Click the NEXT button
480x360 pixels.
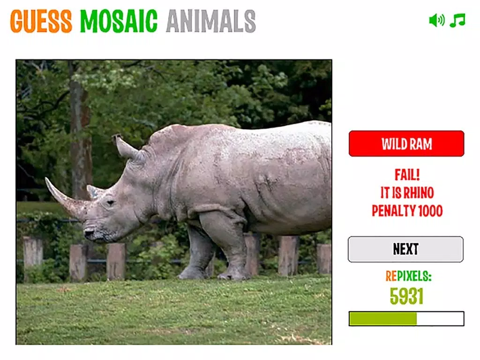pos(405,249)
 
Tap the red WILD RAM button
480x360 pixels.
pos(406,143)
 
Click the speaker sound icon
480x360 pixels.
pos(437,21)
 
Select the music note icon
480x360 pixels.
pos(457,20)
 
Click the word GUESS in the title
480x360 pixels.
pos(41,21)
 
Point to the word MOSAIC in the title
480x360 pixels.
pos(119,21)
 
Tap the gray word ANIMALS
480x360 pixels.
pos(211,21)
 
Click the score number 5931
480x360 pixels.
pos(406,296)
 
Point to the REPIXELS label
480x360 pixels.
pos(408,276)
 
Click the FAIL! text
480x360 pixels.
pos(407,175)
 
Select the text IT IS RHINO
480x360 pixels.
pos(407,193)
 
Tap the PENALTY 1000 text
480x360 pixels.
pos(407,211)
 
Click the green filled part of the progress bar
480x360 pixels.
pos(383,319)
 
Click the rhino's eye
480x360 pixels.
pos(110,202)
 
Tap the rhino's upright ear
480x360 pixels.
pos(126,146)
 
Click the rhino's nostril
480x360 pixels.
pos(89,233)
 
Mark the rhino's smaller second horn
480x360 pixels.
pos(93,191)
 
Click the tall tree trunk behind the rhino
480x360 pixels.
pos(79,132)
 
